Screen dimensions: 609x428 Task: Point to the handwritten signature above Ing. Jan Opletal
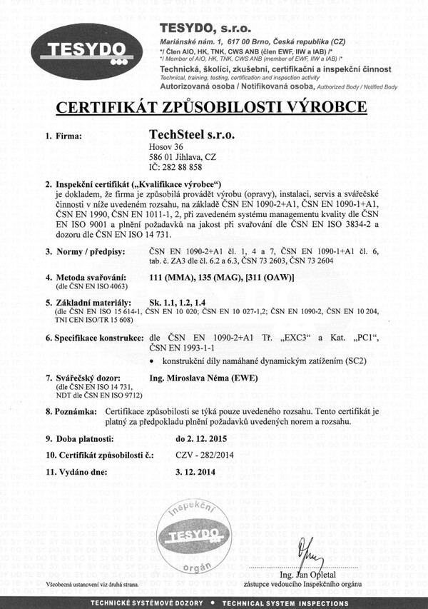point(307,550)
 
